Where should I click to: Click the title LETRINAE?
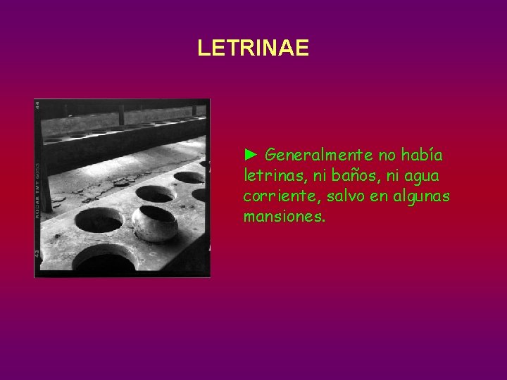(253, 48)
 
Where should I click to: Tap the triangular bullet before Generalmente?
(251, 154)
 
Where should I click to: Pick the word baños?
(340, 175)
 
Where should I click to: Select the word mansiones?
(284, 216)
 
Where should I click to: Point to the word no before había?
(388, 154)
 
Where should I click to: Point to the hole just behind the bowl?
(154, 193)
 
